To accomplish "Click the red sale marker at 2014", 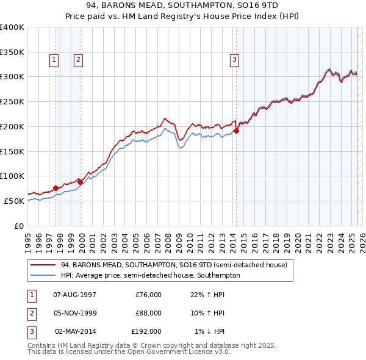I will click(236, 130).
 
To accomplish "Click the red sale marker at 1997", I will click(56, 188).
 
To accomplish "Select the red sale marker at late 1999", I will click(80, 182).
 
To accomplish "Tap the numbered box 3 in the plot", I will click(235, 59).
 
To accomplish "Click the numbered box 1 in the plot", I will click(54, 59).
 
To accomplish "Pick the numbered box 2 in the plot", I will click(79, 59).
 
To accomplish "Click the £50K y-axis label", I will click(14, 201).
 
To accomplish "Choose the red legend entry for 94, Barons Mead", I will click(174, 265).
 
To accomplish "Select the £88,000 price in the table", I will click(148, 313).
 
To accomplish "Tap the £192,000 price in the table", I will click(146, 331).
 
